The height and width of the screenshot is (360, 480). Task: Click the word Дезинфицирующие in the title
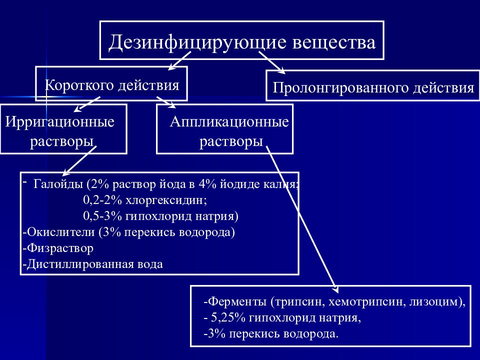(197, 42)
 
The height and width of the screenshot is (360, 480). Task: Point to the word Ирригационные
(59, 122)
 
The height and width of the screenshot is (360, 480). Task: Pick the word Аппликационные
(229, 122)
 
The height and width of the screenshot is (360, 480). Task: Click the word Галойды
(58, 184)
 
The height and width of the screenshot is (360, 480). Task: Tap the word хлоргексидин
(166, 200)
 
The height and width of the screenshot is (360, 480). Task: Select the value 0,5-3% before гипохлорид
(102, 216)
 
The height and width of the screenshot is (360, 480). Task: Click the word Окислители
(60, 232)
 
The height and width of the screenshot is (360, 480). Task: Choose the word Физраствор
(60, 248)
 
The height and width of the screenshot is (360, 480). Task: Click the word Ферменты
(237, 302)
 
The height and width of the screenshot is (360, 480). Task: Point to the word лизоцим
(434, 302)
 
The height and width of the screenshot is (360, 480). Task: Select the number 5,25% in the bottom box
(228, 318)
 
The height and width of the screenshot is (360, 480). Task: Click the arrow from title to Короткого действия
(179, 61)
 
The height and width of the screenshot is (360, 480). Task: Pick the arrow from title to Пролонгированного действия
(272, 63)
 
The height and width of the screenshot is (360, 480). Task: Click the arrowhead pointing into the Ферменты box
(335, 289)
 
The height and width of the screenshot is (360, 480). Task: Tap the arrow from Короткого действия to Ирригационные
(87, 104)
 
